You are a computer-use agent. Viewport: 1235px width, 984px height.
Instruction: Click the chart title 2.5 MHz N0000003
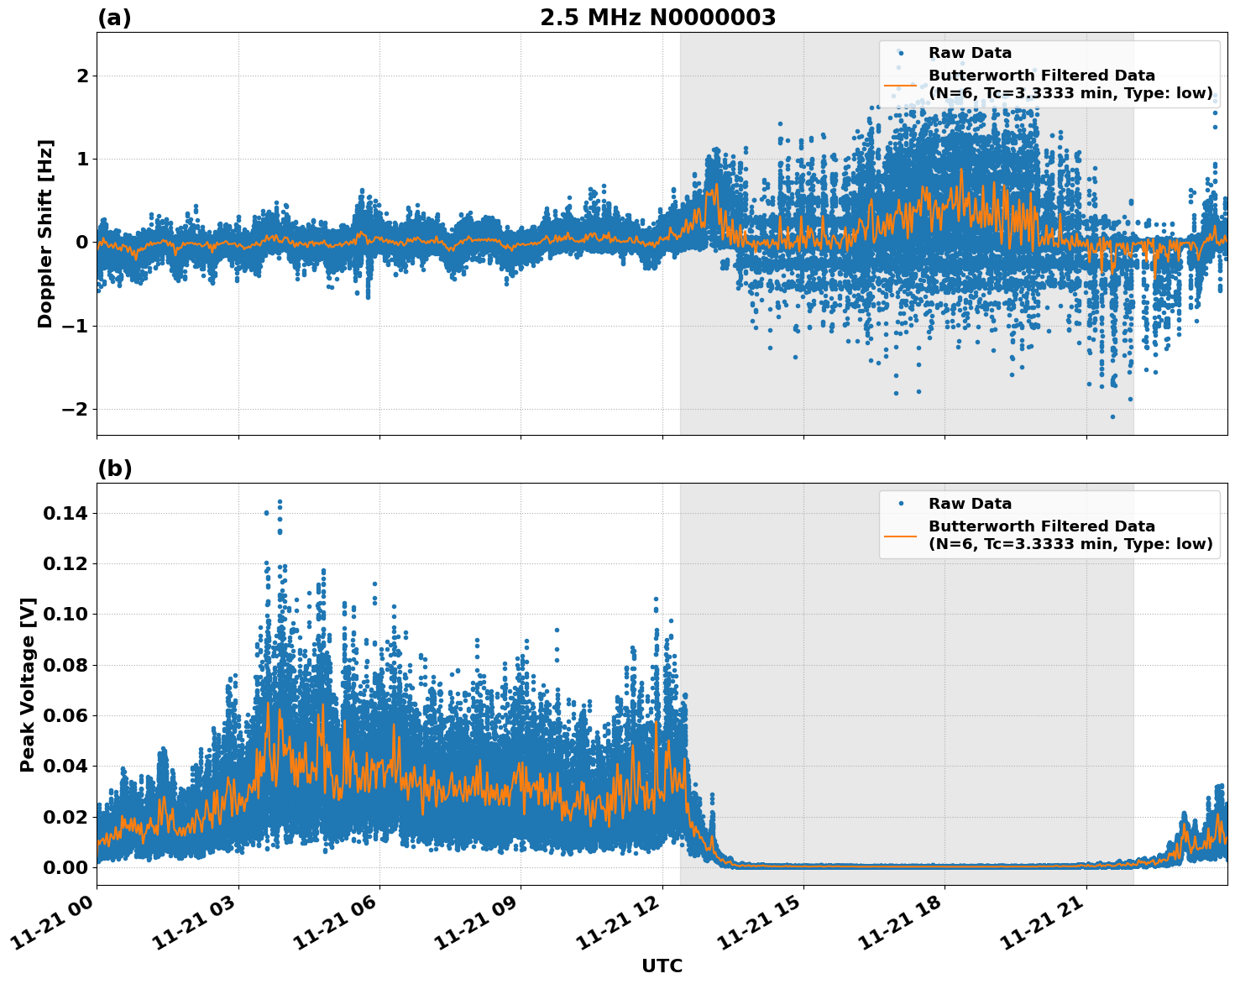click(657, 18)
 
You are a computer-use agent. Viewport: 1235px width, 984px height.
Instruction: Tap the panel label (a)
click(114, 18)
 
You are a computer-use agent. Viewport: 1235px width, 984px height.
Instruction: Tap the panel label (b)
click(114, 468)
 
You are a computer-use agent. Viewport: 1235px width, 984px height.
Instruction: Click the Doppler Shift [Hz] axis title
click(45, 233)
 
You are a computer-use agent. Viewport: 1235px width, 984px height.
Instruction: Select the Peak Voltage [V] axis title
click(28, 684)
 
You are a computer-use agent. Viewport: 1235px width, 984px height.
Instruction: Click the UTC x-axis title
click(662, 966)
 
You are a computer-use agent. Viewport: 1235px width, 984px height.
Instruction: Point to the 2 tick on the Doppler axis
click(82, 76)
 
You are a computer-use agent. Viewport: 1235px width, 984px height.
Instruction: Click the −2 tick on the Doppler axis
click(74, 410)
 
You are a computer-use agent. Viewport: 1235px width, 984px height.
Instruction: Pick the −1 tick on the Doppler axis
click(74, 327)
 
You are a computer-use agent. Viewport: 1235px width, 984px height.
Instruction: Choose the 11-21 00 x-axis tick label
click(55, 928)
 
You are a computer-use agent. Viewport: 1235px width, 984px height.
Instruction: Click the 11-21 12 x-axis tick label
click(620, 928)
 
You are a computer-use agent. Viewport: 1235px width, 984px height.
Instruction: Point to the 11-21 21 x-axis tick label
click(1044, 928)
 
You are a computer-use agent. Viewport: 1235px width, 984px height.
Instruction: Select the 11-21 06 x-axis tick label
click(338, 928)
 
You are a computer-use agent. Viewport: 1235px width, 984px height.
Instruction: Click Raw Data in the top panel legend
click(970, 53)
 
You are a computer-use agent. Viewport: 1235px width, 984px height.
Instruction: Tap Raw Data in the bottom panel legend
click(970, 504)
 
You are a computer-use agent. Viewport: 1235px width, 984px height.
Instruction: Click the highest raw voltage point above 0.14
click(280, 502)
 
